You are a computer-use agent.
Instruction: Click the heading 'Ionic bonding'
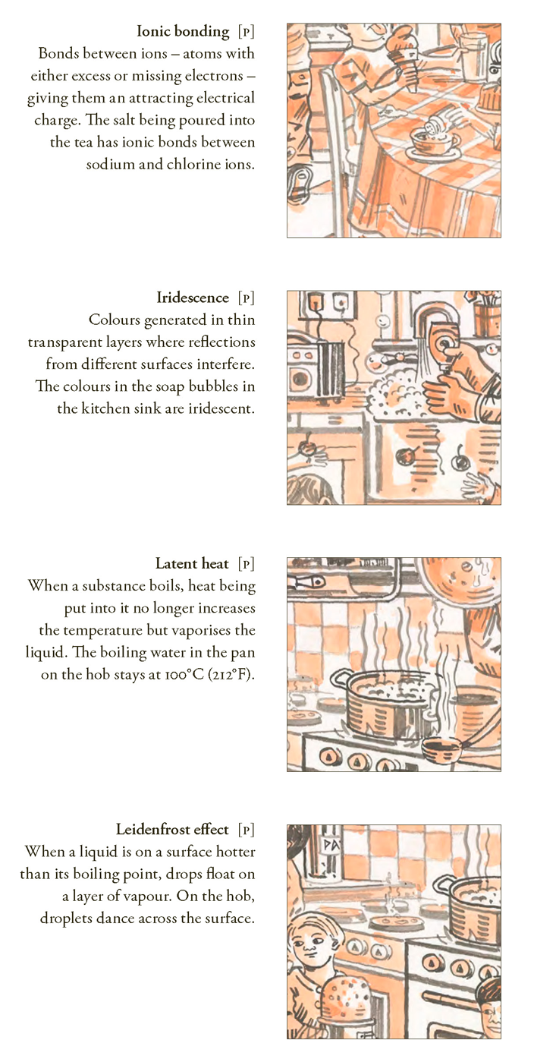tap(183, 31)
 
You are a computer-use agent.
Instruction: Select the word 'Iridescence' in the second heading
tap(193, 298)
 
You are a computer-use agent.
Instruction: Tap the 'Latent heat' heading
tap(192, 564)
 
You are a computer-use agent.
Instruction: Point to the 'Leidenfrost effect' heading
tap(172, 830)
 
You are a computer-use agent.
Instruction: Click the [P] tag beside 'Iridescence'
tap(247, 298)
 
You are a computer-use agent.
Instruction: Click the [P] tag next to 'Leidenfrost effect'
tap(247, 830)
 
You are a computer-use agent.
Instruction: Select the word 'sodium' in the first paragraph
tap(105, 165)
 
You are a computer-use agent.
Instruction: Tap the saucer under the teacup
tap(435, 153)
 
